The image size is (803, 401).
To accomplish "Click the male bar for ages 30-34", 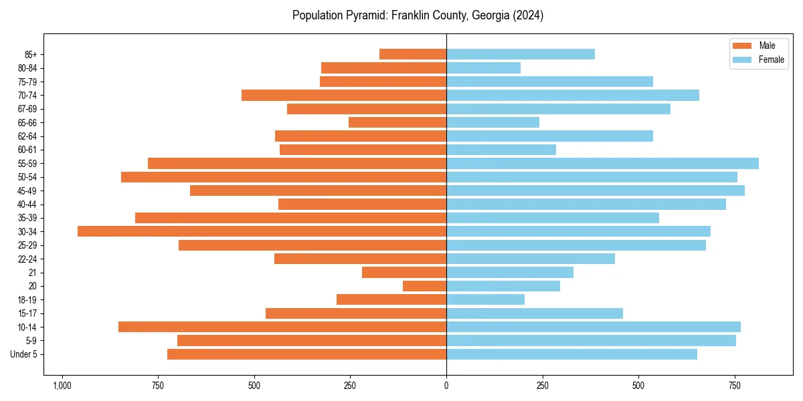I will tap(262, 231).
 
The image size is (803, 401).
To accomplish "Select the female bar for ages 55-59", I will tap(602, 164).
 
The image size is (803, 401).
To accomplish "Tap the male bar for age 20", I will tap(424, 286).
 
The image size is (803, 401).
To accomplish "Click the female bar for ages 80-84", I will tap(483, 68).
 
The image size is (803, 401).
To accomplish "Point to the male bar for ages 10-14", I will tap(282, 327).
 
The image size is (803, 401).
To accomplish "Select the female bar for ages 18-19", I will tap(485, 299).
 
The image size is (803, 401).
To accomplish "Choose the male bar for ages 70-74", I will tap(344, 96).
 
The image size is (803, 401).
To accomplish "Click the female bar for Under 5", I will tap(571, 354).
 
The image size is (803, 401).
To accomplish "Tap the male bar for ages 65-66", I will tap(397, 122).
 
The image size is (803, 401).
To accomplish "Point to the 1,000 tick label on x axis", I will tap(62, 386).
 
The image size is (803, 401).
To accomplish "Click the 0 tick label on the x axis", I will tap(446, 386).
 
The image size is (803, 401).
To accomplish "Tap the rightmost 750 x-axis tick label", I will tap(735, 386).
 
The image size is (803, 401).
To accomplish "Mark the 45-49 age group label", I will tap(27, 191).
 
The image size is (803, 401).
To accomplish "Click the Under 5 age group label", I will tap(24, 354).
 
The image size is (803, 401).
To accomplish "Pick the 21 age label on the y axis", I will tap(32, 273).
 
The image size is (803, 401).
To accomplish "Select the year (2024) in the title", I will tap(526, 15).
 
